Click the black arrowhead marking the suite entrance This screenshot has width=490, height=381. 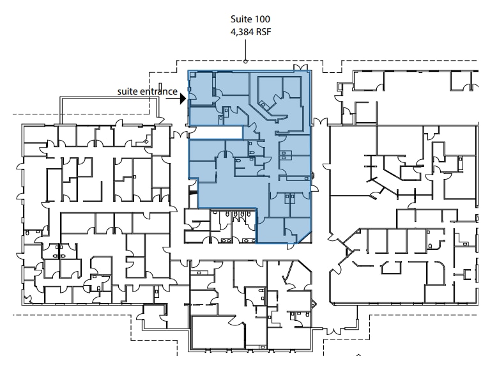pyautogui.click(x=183, y=98)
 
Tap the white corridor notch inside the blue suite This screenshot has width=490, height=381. pyautogui.click(x=215, y=132)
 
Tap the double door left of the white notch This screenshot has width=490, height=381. pyautogui.click(x=181, y=133)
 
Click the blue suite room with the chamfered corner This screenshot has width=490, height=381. pyautogui.click(x=281, y=231)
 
